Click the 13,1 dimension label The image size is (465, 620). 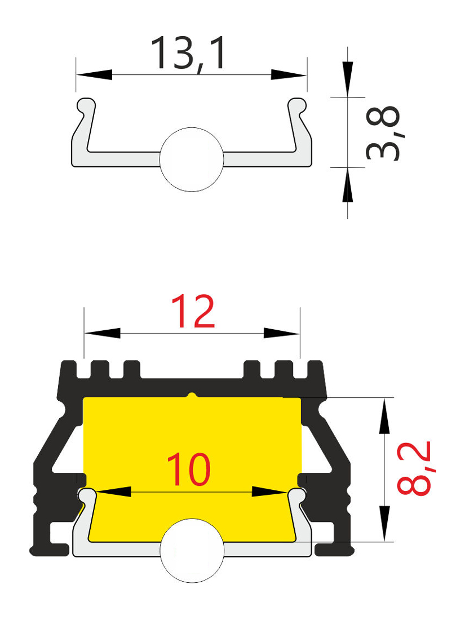[189, 54]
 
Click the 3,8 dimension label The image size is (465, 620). [383, 133]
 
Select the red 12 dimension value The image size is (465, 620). [193, 312]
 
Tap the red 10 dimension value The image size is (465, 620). [189, 470]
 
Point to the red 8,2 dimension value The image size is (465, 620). [413, 468]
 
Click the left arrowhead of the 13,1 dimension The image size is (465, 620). [94, 74]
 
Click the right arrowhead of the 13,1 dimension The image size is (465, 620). [289, 74]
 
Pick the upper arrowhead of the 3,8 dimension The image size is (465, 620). [348, 79]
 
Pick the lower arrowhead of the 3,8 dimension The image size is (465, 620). [348, 185]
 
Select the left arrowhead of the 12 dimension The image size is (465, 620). [103, 333]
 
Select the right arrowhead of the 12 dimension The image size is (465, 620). [281, 333]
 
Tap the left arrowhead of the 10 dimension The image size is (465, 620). [113, 492]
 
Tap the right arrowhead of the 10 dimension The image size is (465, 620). [269, 492]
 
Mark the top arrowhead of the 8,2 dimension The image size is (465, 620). [384, 417]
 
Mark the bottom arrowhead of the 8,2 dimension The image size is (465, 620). [384, 524]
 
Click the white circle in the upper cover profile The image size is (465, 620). [192, 160]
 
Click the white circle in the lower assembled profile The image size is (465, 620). [192, 551]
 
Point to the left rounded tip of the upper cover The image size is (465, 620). [86, 105]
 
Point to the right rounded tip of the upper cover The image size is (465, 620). [298, 105]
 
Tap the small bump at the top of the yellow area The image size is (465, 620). [192, 395]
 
